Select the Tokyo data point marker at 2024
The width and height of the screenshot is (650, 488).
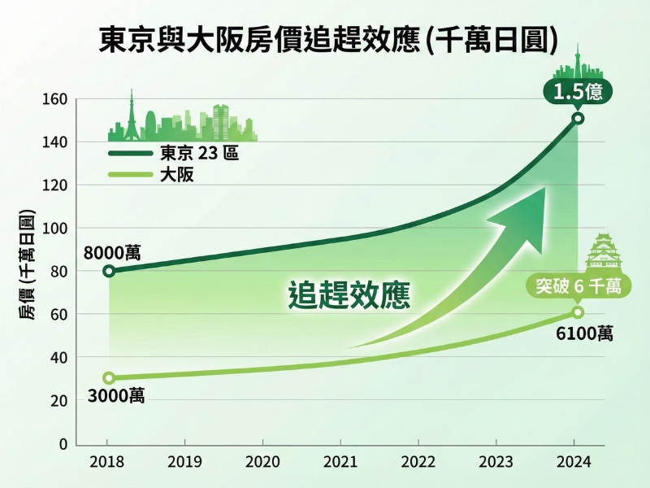[x=578, y=119]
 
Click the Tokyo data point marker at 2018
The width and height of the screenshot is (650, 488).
[x=110, y=271]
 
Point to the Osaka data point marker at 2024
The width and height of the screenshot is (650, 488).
[x=578, y=312]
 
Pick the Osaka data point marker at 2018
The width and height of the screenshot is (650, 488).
[x=110, y=378]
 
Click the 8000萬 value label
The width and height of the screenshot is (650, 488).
[x=112, y=252]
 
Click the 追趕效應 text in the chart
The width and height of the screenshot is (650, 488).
[x=349, y=294]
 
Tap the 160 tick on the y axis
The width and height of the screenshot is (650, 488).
[x=55, y=100]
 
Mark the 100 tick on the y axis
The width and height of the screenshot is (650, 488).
[x=55, y=229]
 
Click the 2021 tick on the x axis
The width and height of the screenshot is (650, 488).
[x=340, y=462]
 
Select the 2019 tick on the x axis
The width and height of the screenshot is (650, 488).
[x=184, y=462]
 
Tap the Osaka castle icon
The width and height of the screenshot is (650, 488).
[x=607, y=252]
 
